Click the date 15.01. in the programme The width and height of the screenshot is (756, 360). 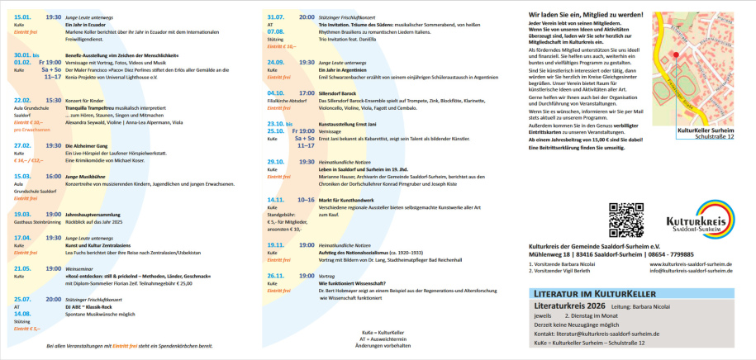click(22, 17)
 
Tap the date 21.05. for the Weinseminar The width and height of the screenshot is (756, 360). click(22, 268)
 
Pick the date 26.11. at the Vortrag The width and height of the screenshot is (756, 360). click(276, 275)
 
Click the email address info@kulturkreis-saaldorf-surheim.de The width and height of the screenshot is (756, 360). click(691, 269)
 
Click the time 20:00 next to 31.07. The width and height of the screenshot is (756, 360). click(306, 17)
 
